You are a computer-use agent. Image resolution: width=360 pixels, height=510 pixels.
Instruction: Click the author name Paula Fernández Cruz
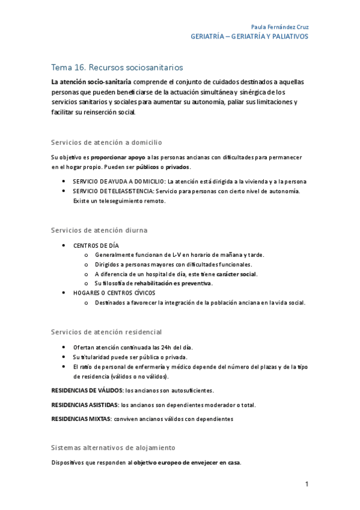[x=280, y=27]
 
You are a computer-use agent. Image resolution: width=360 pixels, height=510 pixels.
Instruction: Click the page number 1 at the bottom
[x=307, y=485]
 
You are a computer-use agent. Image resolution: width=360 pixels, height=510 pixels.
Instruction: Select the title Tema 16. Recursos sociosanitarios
[x=117, y=68]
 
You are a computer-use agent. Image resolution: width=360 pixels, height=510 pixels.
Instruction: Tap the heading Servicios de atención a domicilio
[x=107, y=143]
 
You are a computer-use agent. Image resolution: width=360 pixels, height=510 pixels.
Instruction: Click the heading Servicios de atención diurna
[x=100, y=230]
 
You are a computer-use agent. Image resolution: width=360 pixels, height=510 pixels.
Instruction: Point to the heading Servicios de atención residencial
[x=106, y=332]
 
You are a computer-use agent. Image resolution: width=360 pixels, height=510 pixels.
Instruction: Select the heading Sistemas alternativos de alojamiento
[x=113, y=447]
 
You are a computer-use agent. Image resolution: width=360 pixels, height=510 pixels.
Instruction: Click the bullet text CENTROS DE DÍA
[x=96, y=245]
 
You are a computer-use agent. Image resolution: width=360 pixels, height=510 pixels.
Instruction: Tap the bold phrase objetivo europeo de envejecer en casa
[x=186, y=462]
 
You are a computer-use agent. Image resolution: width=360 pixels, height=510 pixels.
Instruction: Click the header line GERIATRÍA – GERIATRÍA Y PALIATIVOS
[x=249, y=37]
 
